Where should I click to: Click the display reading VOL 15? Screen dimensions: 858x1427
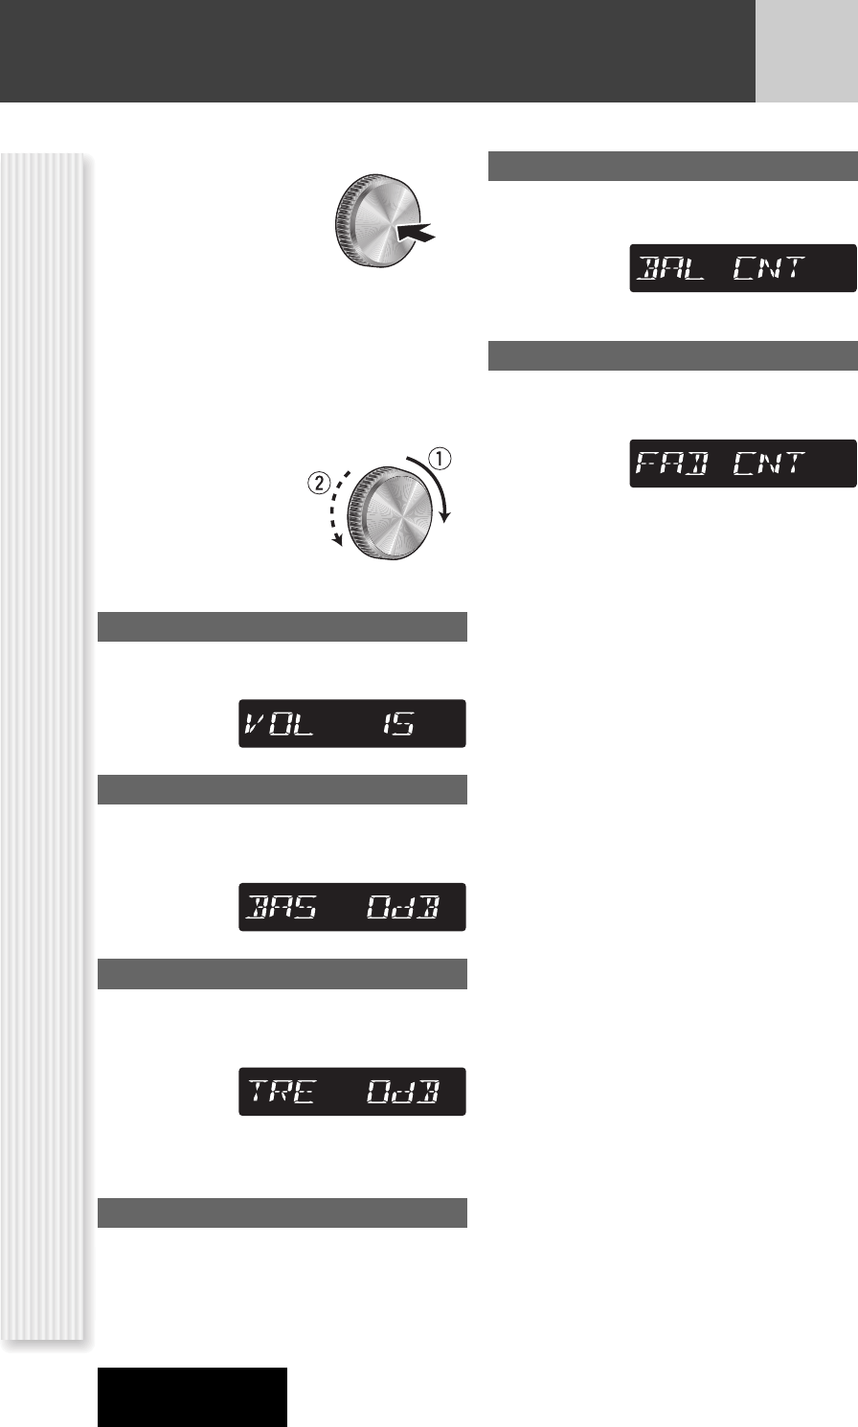click(x=352, y=723)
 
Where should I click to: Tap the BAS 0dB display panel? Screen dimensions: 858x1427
click(x=352, y=907)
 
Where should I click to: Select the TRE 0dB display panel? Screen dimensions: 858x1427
click(x=352, y=1091)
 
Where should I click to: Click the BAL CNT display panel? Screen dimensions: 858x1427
click(x=743, y=268)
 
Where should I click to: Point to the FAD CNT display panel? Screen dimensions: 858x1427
click(x=743, y=464)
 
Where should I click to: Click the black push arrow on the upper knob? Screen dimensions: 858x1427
click(x=416, y=232)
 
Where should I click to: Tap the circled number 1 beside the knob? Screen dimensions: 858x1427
click(x=440, y=459)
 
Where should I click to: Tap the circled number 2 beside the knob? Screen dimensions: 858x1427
click(x=319, y=483)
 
